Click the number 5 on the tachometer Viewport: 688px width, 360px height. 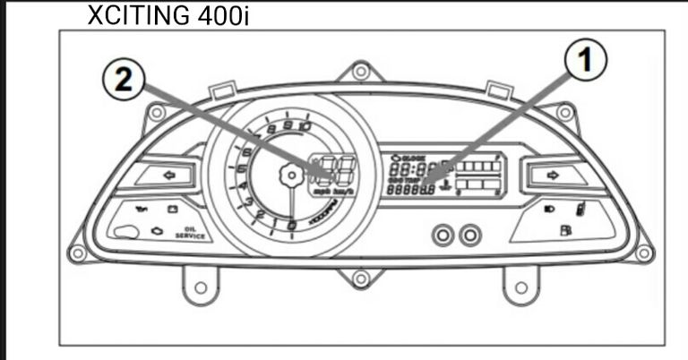pyautogui.click(x=242, y=167)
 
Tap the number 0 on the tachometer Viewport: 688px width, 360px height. pyautogui.click(x=290, y=224)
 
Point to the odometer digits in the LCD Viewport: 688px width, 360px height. pyautogui.click(x=410, y=189)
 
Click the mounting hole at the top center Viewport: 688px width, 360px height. pyautogui.click(x=360, y=71)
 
